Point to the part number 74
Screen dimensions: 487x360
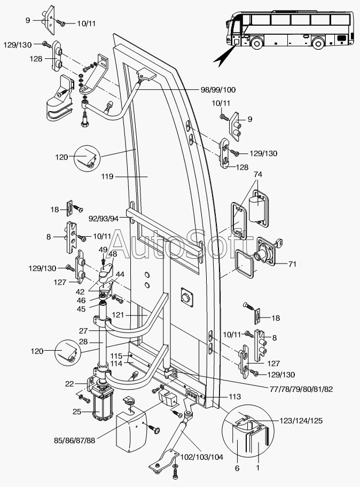point(258,175)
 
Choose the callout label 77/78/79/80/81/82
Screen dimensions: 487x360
point(294,389)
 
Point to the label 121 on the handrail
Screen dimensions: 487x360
point(119,316)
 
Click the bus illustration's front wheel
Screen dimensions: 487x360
point(257,42)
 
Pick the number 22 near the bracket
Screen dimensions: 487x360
point(70,383)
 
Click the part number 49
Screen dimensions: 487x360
point(103,249)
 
